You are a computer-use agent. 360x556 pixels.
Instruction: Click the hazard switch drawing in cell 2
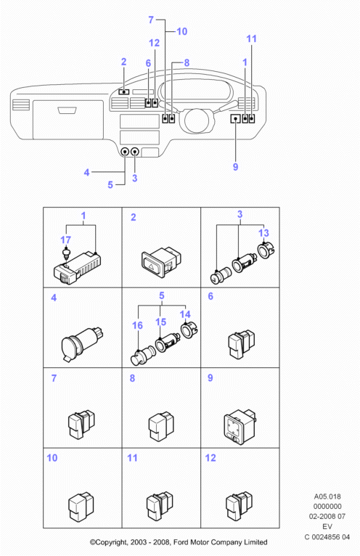[x=161, y=263]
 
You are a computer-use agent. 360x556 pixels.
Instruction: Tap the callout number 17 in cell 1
[x=65, y=240]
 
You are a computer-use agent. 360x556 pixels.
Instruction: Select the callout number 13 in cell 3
[x=263, y=233]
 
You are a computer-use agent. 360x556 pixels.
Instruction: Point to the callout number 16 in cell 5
[x=137, y=325]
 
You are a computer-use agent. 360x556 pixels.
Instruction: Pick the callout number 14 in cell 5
[x=185, y=314]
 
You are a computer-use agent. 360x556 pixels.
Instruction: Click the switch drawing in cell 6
[x=241, y=343]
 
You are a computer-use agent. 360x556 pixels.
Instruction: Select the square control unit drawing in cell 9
[x=240, y=427]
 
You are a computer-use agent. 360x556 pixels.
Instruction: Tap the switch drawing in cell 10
[x=81, y=507]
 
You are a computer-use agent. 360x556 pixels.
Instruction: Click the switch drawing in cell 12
[x=239, y=506]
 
